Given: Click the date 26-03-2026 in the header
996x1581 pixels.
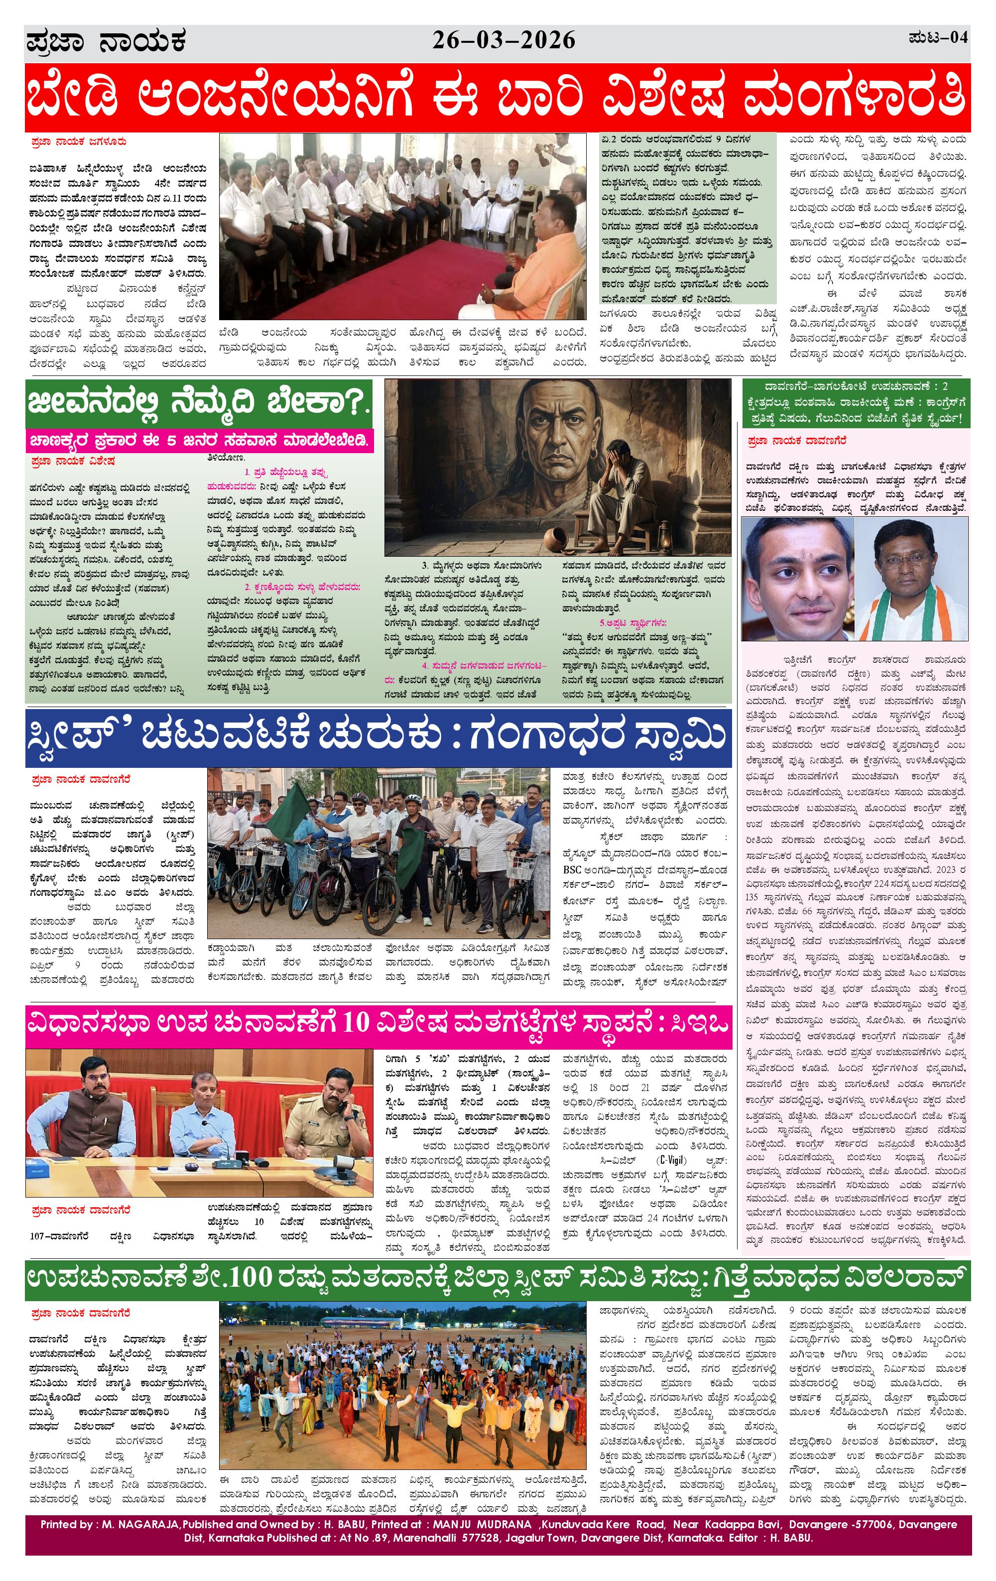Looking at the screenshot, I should [503, 41].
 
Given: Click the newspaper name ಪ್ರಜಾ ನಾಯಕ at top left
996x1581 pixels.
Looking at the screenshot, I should [107, 42].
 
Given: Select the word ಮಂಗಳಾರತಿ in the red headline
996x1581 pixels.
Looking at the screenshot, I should [854, 98].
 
